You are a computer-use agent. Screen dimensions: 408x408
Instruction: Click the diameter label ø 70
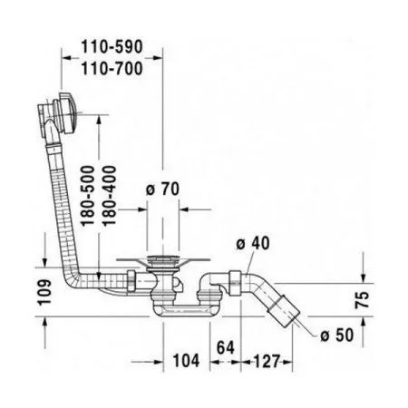tap(160, 189)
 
